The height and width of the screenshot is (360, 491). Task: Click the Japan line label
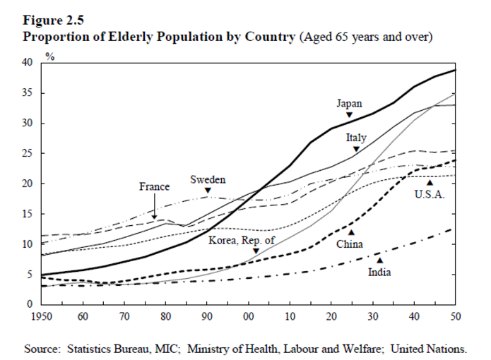tap(349, 104)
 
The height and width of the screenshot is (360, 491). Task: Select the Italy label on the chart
tap(356, 138)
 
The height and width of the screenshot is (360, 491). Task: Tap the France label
tap(154, 187)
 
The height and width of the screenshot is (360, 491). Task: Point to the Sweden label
tap(208, 180)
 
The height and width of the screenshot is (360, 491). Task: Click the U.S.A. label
tap(430, 194)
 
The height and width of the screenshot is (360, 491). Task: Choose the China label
tap(350, 244)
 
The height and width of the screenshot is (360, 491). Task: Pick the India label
tap(379, 271)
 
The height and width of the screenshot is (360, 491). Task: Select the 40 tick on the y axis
tap(27, 63)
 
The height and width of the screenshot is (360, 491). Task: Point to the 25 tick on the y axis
tap(27, 153)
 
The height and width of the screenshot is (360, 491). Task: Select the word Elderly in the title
tap(114, 36)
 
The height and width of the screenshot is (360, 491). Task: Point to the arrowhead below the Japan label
tap(349, 114)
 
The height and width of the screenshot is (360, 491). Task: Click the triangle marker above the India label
tap(379, 260)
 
